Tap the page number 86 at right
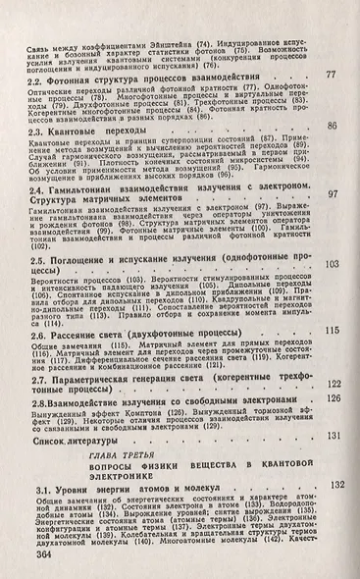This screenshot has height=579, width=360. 332,127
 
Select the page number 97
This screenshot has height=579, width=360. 334,194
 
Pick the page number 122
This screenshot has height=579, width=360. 334,385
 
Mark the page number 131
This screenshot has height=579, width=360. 333,435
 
